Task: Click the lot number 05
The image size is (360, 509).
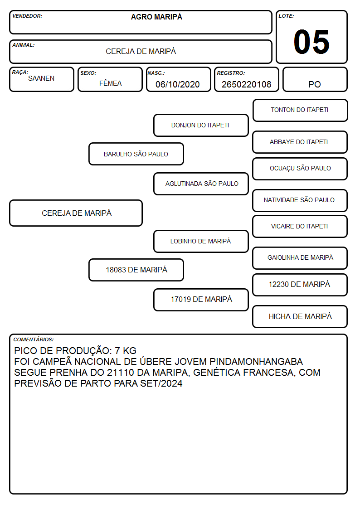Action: [311, 42]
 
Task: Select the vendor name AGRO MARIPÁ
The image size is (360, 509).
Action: [156, 17]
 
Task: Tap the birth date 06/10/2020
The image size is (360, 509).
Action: [178, 84]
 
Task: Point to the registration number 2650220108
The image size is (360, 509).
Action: [246, 84]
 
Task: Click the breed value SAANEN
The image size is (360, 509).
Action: [41, 78]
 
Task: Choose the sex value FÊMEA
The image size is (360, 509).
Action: [110, 83]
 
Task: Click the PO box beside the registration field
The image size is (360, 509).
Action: [315, 79]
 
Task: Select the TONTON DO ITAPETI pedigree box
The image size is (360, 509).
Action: [300, 111]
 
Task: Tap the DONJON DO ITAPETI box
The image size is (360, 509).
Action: [201, 125]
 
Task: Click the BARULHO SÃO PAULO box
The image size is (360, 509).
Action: [136, 154]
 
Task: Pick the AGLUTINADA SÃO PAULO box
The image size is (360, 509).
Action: [201, 184]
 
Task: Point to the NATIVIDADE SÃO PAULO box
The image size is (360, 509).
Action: [300, 201]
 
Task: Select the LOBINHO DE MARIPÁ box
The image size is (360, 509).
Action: [201, 242]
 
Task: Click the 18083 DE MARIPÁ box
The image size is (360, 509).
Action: [136, 270]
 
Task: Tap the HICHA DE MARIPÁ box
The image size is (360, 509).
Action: [300, 317]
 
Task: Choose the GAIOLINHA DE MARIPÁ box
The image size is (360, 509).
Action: [300, 258]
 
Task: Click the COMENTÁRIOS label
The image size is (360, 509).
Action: [34, 339]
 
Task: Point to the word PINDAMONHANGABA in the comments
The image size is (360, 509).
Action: [256, 362]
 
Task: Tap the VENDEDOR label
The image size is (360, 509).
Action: [27, 16]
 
